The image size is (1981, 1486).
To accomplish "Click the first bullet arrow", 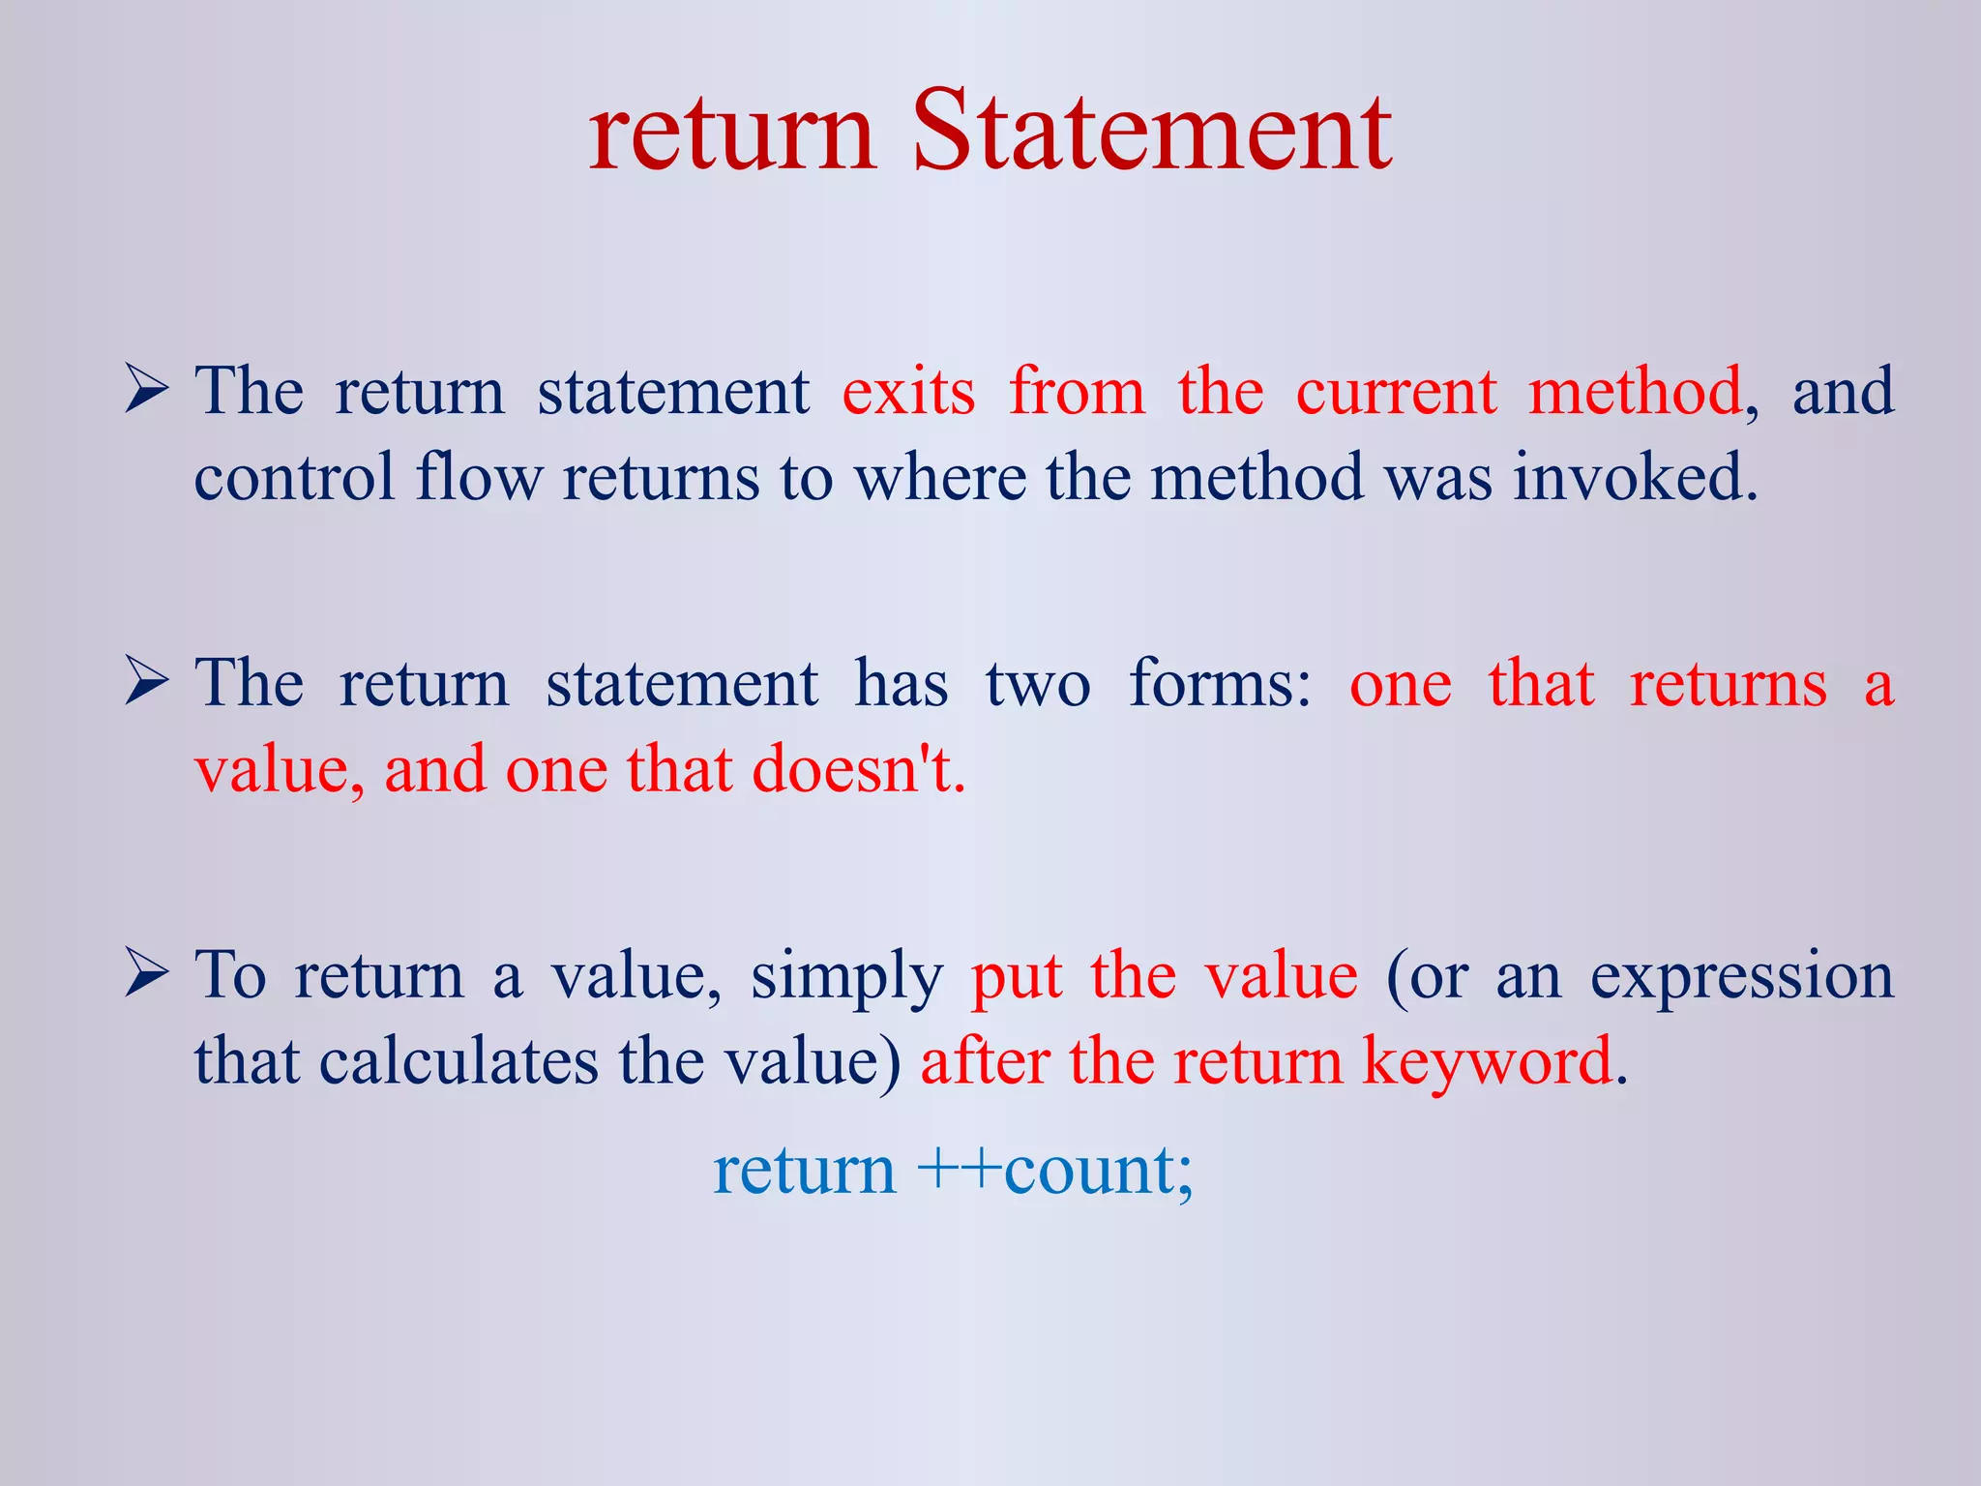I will pos(147,393).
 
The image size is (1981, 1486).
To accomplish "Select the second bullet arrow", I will pos(147,684).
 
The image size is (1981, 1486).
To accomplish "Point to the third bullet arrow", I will pos(147,975).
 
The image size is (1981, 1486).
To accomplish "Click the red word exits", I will pos(908,392).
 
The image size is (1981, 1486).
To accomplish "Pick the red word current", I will pos(1396,392).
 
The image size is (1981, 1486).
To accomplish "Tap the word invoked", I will pos(1635,478).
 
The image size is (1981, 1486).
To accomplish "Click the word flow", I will pos(479,478).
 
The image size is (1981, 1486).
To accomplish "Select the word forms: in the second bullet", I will pos(1221,684).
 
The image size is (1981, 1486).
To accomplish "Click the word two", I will pos(1038,684).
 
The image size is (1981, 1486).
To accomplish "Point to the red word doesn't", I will pos(859,770).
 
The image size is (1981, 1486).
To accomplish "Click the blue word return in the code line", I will pos(805,1171).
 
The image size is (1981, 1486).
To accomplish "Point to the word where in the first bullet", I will pos(940,478).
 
